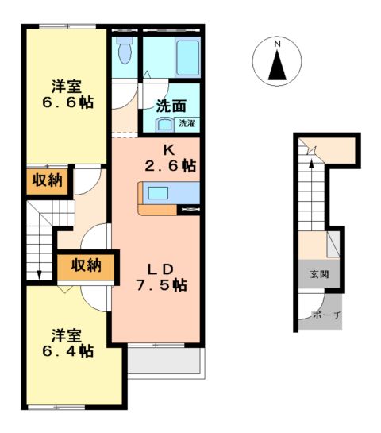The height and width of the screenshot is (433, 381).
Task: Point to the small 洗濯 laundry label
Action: coord(187,123)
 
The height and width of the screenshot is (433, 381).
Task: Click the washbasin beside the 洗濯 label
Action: coord(164,124)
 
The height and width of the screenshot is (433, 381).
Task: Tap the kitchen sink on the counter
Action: coord(158,193)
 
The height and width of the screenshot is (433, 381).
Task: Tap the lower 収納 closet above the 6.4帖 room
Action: coord(85,266)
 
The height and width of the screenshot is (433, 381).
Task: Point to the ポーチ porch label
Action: coord(325,315)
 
